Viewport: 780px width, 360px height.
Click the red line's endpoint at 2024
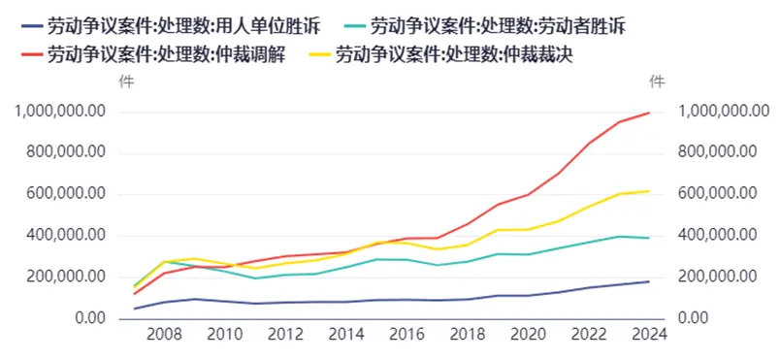pyautogui.click(x=649, y=113)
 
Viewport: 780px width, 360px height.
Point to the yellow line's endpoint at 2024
pyautogui.click(x=649, y=191)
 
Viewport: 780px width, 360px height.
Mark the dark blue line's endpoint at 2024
pyautogui.click(x=649, y=281)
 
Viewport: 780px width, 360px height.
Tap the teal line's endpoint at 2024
pyautogui.click(x=649, y=238)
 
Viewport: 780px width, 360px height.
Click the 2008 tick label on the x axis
pyautogui.click(x=164, y=334)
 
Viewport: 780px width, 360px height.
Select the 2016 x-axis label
pyautogui.click(x=407, y=334)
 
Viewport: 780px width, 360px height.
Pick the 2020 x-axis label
pyautogui.click(x=528, y=334)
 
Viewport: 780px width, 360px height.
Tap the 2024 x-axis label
pyautogui.click(x=649, y=334)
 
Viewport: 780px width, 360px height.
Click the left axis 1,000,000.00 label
pyautogui.click(x=60, y=112)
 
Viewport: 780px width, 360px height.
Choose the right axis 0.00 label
pyautogui.click(x=694, y=317)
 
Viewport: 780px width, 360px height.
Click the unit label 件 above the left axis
pyautogui.click(x=126, y=82)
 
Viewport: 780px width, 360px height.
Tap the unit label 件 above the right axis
pyautogui.click(x=658, y=82)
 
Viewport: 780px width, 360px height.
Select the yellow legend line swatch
pyautogui.click(x=322, y=55)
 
